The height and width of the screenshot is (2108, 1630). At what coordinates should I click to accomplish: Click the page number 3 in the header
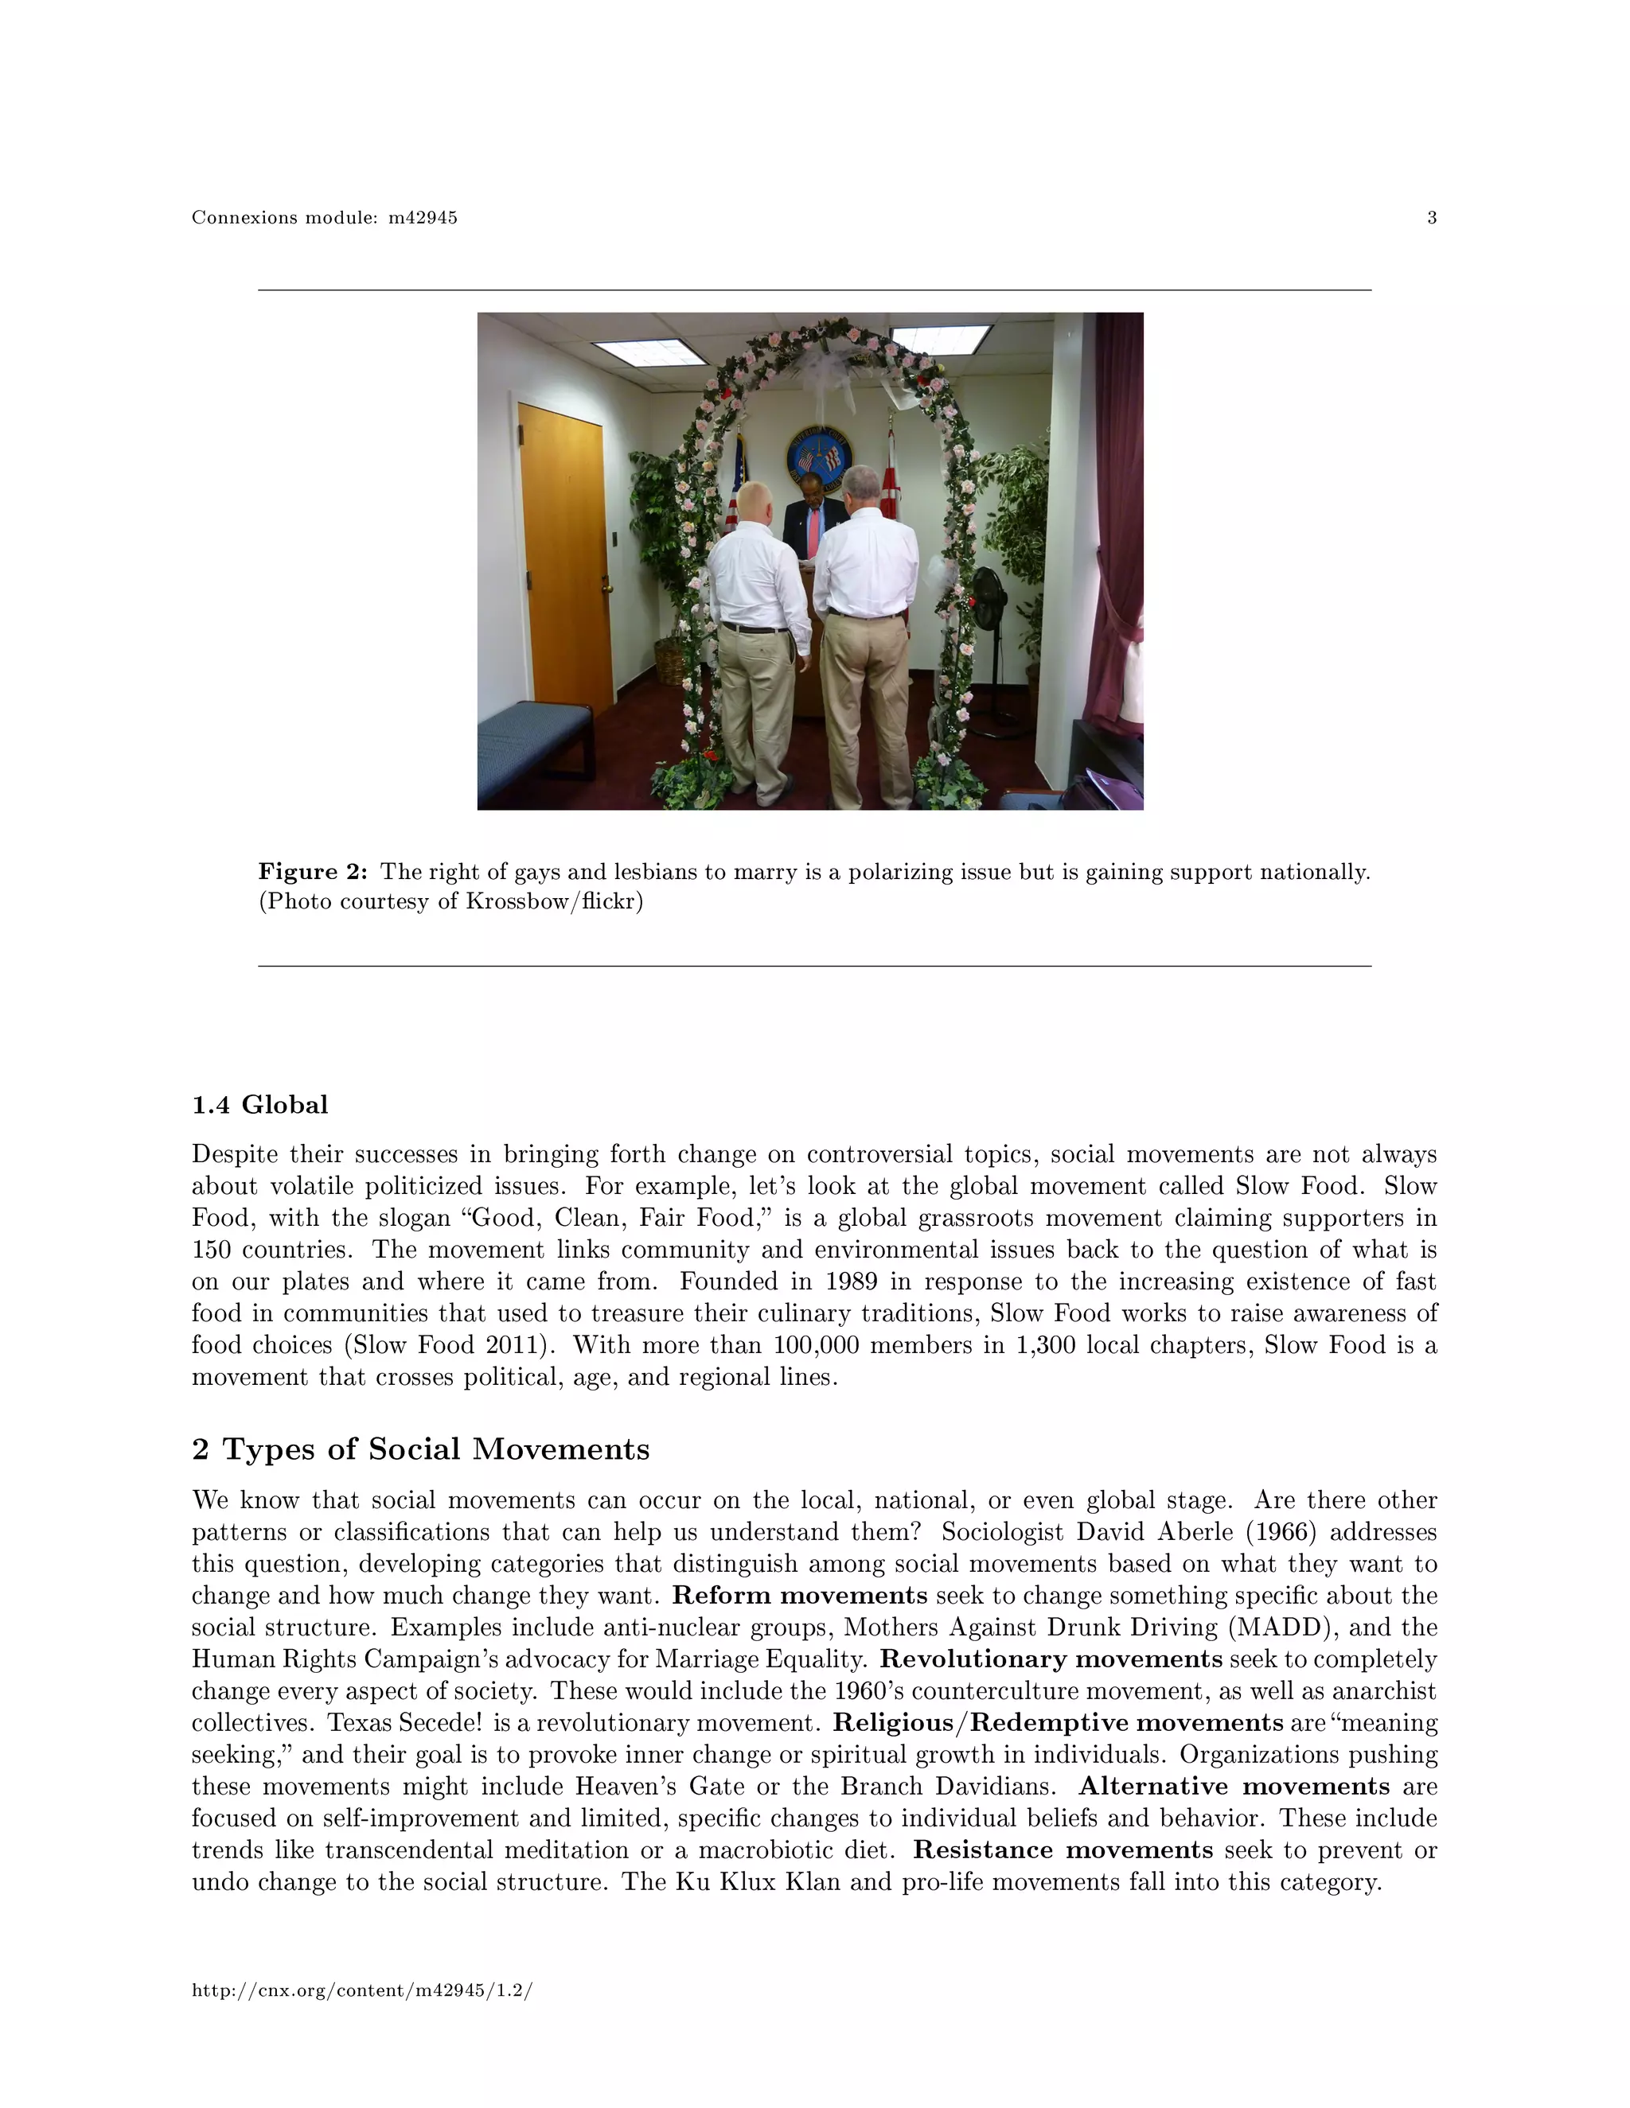[1431, 218]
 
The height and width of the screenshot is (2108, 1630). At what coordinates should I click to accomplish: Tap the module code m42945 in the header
[422, 218]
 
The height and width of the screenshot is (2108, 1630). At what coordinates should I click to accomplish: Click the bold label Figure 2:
[313, 873]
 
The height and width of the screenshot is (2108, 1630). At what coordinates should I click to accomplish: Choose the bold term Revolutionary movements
[1051, 1659]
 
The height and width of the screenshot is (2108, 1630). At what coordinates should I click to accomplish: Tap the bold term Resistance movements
[1063, 1850]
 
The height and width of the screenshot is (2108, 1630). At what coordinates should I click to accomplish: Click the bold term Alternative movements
[1234, 1787]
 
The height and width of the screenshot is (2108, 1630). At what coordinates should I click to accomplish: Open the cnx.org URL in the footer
[362, 1990]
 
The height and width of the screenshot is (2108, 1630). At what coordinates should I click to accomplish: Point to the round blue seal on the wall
[819, 456]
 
